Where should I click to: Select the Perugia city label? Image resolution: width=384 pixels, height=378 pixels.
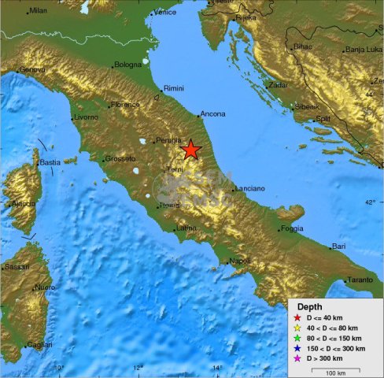[x=168, y=140]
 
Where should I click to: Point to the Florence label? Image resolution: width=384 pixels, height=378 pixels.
[x=125, y=104]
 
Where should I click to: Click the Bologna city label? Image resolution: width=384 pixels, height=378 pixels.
[x=127, y=65]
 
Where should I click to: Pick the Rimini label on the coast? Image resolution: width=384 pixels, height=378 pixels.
[x=173, y=89]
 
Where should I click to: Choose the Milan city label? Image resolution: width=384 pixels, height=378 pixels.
[x=38, y=11]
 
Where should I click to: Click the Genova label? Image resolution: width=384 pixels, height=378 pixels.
[x=32, y=69]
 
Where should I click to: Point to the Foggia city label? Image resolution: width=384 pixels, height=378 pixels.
[x=291, y=228]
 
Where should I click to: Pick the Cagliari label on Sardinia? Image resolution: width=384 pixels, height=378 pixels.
[x=39, y=345]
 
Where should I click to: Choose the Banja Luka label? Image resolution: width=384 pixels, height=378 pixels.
[x=364, y=50]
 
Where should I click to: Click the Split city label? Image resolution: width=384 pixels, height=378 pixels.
[x=323, y=118]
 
